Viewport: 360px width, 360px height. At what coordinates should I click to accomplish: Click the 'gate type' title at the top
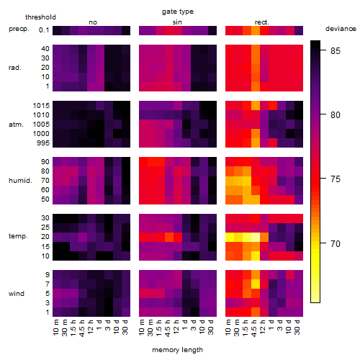(x=178, y=12)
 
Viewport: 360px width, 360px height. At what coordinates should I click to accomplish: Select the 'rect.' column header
(x=262, y=22)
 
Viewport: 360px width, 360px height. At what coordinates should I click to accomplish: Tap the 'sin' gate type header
(x=177, y=22)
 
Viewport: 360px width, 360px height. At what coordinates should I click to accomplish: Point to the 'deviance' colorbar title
(x=341, y=29)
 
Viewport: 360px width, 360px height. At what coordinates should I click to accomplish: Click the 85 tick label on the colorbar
(x=336, y=50)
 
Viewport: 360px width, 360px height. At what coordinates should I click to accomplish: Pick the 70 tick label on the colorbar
(x=336, y=244)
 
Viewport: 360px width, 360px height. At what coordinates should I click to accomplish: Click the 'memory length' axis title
(x=177, y=350)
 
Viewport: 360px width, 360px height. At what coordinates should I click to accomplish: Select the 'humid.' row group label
(x=20, y=181)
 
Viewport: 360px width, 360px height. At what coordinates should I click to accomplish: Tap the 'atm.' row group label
(x=16, y=125)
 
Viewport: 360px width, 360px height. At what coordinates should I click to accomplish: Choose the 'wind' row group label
(x=17, y=294)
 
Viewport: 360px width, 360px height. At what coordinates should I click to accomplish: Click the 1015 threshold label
(x=41, y=106)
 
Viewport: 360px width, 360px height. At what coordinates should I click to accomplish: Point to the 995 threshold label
(x=43, y=143)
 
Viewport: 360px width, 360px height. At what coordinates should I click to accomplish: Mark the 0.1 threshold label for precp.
(x=44, y=30)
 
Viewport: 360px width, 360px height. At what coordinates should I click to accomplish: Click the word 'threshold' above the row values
(x=40, y=17)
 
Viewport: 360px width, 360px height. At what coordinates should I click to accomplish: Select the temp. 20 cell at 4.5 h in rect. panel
(x=256, y=237)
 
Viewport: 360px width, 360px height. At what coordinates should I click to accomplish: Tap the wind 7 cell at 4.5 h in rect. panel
(x=256, y=284)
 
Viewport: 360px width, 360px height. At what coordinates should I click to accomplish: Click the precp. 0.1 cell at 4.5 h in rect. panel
(x=256, y=30)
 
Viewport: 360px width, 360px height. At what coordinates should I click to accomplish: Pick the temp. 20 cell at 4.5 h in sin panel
(x=169, y=237)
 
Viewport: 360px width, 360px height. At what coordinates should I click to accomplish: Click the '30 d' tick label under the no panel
(x=125, y=327)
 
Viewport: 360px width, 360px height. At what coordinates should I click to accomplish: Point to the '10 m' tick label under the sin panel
(x=142, y=327)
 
